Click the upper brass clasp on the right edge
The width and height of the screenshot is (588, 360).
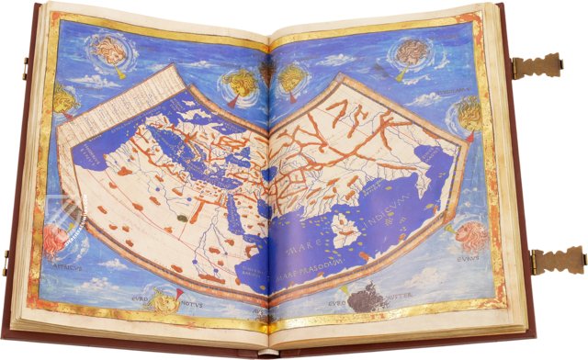543,67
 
